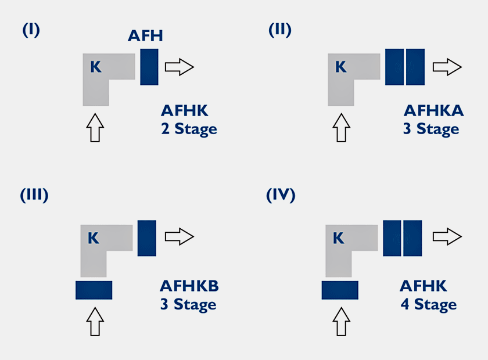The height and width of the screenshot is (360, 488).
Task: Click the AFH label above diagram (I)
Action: (145, 35)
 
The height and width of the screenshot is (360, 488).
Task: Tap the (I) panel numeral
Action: (31, 30)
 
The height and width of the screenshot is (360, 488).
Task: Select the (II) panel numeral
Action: (280, 30)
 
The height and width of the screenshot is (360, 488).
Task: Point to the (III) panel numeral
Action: (34, 195)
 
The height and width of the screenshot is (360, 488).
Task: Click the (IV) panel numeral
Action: (281, 195)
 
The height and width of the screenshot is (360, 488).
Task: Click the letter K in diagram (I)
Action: (95, 67)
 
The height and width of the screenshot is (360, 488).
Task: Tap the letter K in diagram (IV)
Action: (338, 238)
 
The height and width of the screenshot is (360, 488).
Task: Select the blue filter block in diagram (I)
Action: (149, 67)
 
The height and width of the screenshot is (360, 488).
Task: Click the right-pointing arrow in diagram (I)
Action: (180, 67)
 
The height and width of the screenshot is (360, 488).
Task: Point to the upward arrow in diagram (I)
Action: (95, 128)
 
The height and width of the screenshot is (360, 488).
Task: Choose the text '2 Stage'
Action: (189, 129)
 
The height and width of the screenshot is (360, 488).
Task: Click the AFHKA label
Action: (433, 111)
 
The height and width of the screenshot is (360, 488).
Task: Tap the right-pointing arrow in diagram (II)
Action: (447, 67)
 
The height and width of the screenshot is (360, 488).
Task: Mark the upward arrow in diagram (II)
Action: (342, 128)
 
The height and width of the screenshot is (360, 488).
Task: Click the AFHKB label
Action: (189, 286)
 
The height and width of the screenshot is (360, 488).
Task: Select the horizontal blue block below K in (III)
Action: (94, 290)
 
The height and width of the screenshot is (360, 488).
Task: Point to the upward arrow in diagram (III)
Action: (95, 322)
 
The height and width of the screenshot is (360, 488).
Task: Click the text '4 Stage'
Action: (429, 305)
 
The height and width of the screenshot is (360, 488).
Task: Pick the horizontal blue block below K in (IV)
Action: (340, 290)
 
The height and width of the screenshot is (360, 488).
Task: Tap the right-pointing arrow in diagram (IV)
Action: (447, 236)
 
